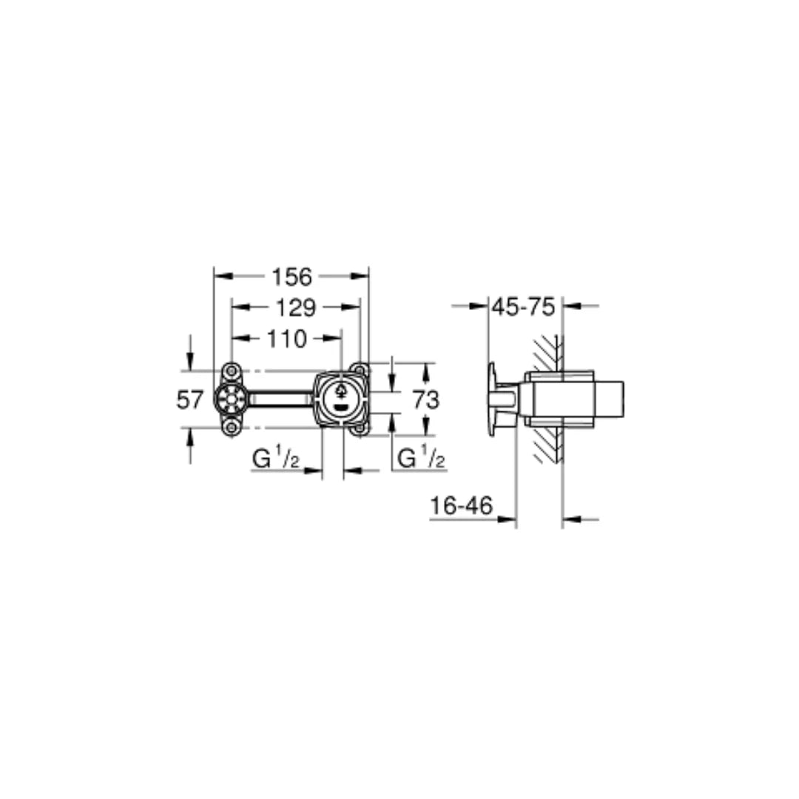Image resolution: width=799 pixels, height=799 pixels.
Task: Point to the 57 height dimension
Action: [x=189, y=400]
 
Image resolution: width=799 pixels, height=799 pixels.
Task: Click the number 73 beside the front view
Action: [x=425, y=400]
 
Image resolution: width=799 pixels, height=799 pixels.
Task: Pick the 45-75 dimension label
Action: [x=524, y=307]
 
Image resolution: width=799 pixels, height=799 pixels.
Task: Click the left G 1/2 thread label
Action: [x=275, y=459]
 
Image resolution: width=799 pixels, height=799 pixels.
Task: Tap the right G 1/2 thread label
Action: [x=421, y=459]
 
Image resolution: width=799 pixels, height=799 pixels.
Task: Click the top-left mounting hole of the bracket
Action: [x=232, y=371]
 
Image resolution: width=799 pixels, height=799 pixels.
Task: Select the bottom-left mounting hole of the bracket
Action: [x=232, y=427]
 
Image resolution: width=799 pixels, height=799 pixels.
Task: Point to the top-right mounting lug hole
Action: [x=360, y=369]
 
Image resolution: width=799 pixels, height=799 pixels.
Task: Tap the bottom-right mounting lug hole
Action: [x=360, y=428]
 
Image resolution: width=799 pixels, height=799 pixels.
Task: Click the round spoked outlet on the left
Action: [x=231, y=399]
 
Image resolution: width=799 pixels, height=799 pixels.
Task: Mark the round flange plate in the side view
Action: [x=492, y=399]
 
